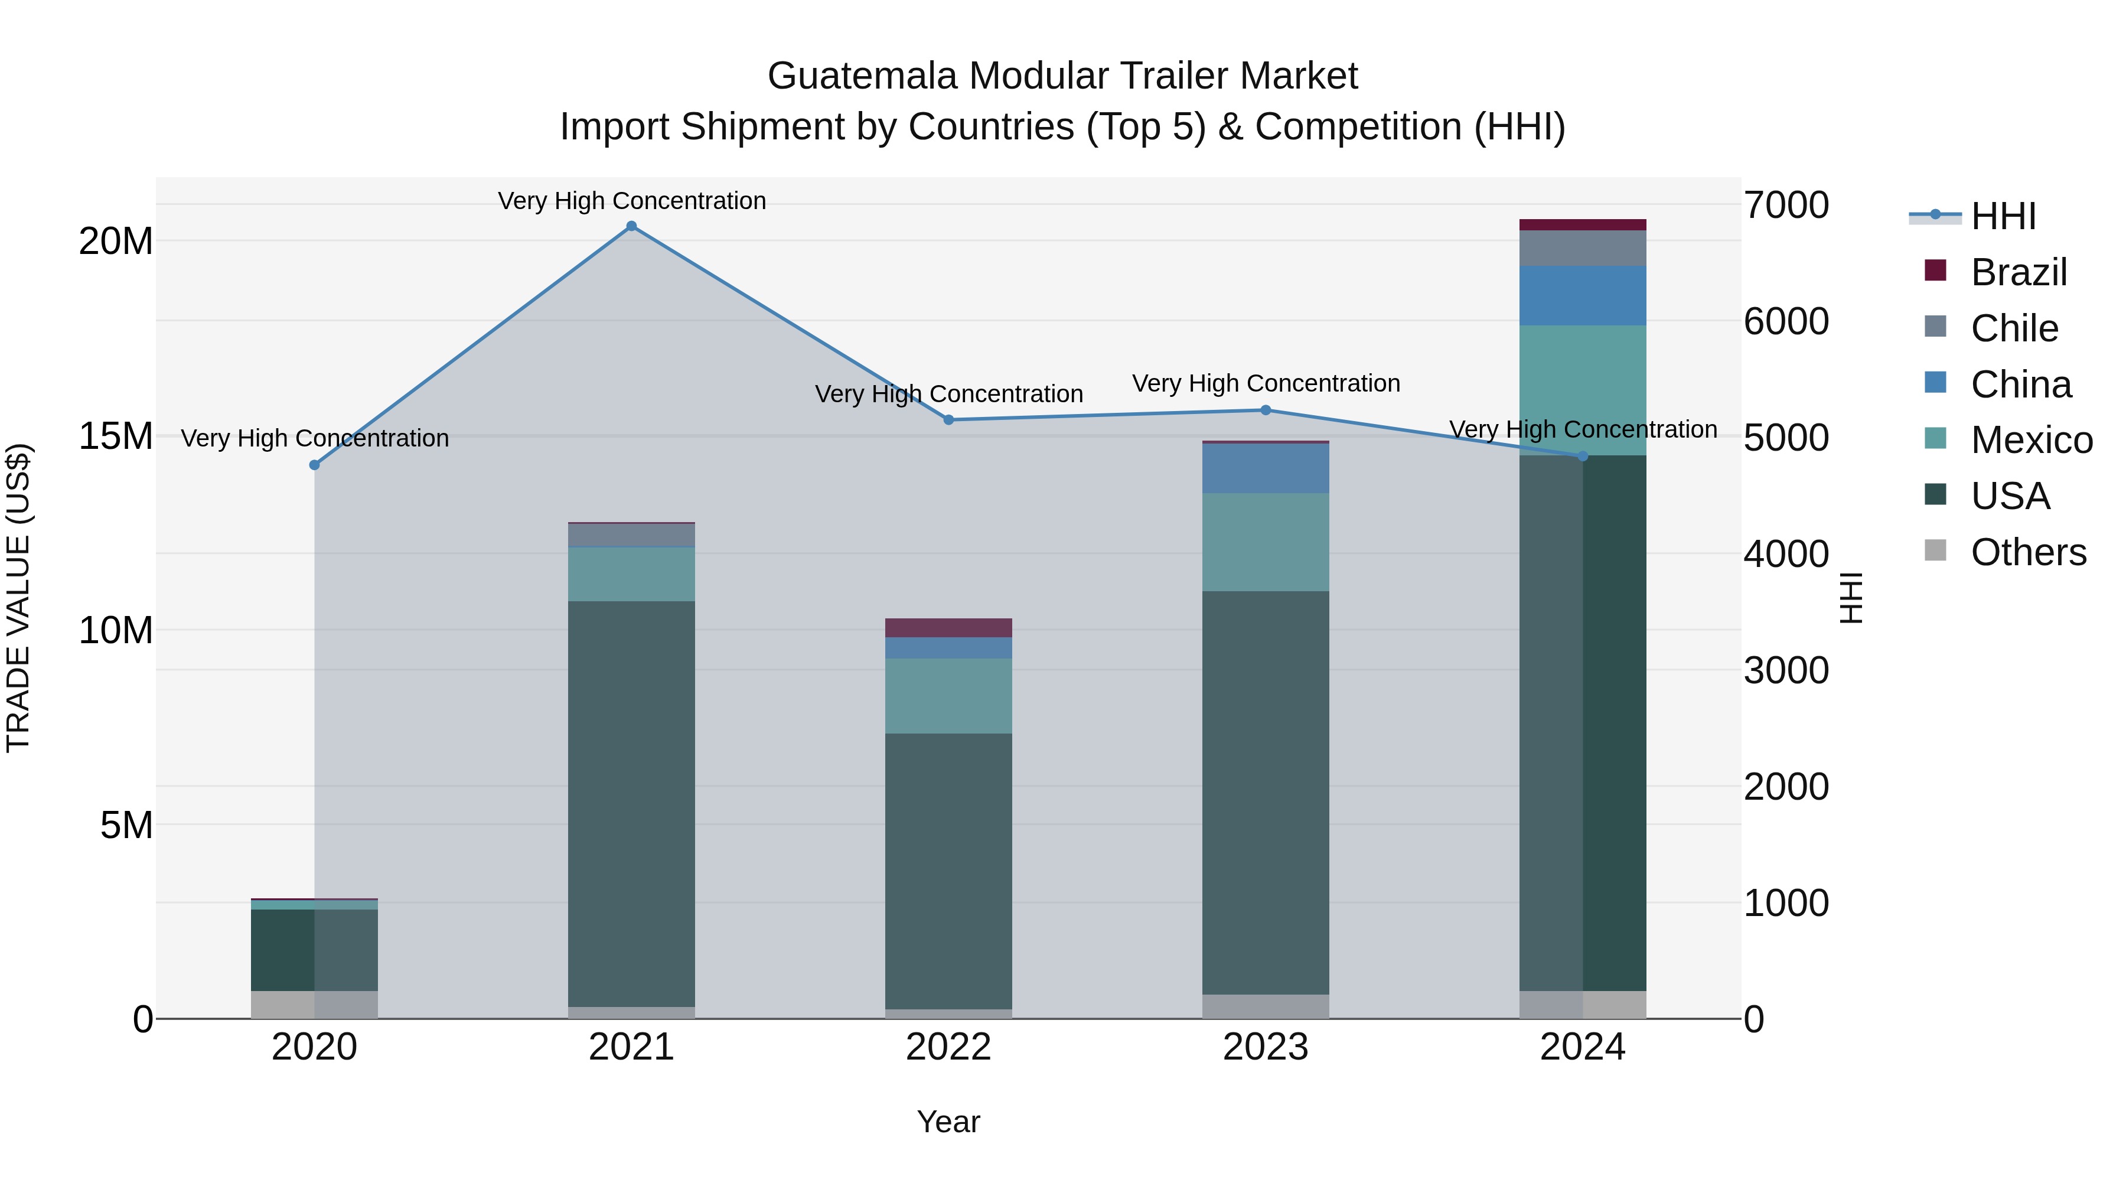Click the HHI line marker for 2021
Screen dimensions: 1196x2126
coord(631,226)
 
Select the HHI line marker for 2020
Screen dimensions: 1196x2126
coord(314,465)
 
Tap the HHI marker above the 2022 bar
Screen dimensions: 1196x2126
coord(948,419)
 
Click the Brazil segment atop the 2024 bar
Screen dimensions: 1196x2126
coord(1582,224)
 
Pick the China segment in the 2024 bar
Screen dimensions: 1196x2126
coord(1582,295)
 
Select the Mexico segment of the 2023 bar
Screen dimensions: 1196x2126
coord(1265,542)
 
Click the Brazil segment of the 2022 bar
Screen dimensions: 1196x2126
coord(948,627)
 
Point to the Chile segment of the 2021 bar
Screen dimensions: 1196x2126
coord(631,535)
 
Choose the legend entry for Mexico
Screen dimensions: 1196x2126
coord(2030,440)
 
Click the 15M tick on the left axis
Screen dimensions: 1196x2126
coord(116,436)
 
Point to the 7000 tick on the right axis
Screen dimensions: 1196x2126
coord(1785,205)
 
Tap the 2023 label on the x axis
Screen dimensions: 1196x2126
coord(1265,1047)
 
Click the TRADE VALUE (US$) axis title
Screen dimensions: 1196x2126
coord(18,598)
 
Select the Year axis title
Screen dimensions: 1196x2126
coord(948,1122)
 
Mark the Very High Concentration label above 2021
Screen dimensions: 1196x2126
coord(631,201)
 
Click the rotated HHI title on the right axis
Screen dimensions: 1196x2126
coord(1851,598)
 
